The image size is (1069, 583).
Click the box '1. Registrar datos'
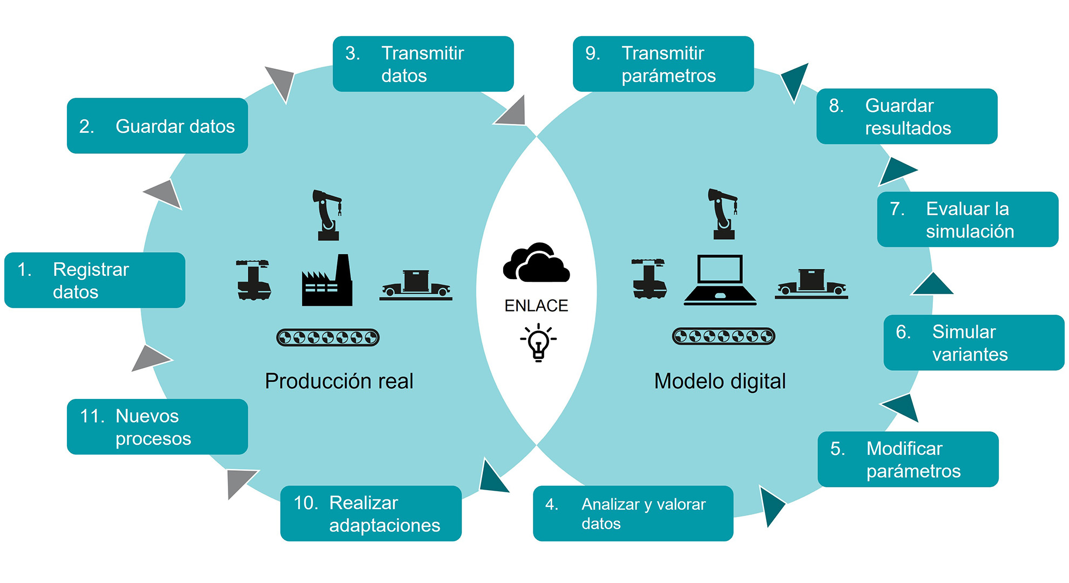pyautogui.click(x=95, y=280)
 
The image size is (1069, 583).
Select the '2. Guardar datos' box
pyautogui.click(x=157, y=126)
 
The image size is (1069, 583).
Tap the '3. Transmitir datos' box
pyautogui.click(x=423, y=64)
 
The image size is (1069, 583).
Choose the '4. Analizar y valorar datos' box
pyautogui.click(x=633, y=513)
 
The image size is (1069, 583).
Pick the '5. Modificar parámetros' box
pyautogui.click(x=908, y=459)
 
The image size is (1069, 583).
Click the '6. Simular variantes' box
pyautogui.click(x=973, y=343)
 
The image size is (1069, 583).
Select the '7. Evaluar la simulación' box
pyautogui.click(x=967, y=220)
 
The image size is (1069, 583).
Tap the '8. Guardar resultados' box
pyautogui.click(x=906, y=117)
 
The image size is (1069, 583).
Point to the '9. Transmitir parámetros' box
pyautogui.click(x=663, y=64)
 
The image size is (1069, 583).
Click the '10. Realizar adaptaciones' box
pyautogui.click(x=371, y=513)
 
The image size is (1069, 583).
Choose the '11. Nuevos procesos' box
pyautogui.click(x=157, y=427)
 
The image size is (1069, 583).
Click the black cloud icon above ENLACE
pyautogui.click(x=536, y=263)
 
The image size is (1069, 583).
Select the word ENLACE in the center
pyautogui.click(x=536, y=306)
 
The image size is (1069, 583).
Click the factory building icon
pyautogui.click(x=327, y=282)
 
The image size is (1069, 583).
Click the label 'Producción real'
pyautogui.click(x=339, y=381)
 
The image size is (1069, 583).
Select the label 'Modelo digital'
pyautogui.click(x=720, y=381)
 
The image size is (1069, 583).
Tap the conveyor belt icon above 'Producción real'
pyautogui.click(x=328, y=337)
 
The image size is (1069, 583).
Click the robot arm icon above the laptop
pyautogui.click(x=723, y=214)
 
